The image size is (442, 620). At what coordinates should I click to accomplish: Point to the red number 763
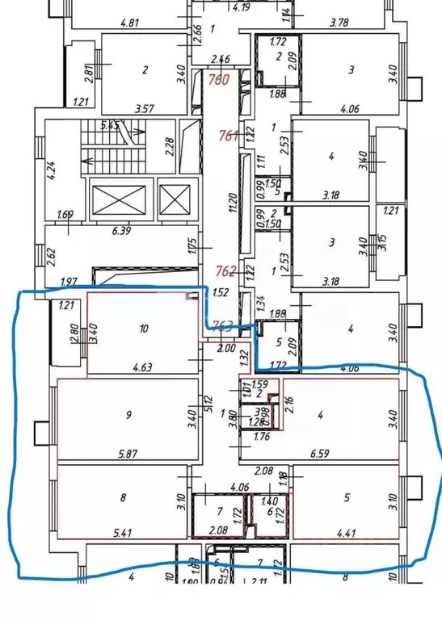click(x=223, y=325)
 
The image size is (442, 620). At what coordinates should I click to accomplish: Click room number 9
click(x=128, y=417)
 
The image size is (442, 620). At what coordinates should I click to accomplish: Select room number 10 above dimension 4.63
click(x=144, y=329)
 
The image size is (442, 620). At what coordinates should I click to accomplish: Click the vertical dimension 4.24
click(x=51, y=170)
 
